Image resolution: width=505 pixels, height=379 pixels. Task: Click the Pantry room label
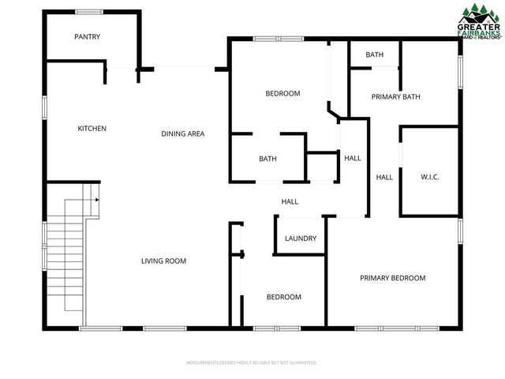pyautogui.click(x=87, y=36)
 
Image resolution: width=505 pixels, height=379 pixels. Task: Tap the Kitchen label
pyautogui.click(x=92, y=129)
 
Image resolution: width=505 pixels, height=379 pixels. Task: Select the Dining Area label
pyautogui.click(x=183, y=133)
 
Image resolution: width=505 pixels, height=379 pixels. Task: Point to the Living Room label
pyautogui.click(x=163, y=261)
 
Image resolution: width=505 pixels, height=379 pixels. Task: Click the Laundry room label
pyautogui.click(x=301, y=238)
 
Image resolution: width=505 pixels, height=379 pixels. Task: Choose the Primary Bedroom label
pyautogui.click(x=392, y=278)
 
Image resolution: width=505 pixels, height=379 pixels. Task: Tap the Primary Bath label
pyautogui.click(x=395, y=97)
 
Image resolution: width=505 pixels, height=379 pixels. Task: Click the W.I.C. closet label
pyautogui.click(x=429, y=177)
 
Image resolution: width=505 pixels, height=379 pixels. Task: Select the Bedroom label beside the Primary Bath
pyautogui.click(x=282, y=94)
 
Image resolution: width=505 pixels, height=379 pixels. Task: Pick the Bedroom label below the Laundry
pyautogui.click(x=283, y=297)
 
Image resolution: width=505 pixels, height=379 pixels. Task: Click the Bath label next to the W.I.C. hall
pyautogui.click(x=267, y=159)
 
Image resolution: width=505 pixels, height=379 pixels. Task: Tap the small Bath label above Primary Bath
pyautogui.click(x=374, y=55)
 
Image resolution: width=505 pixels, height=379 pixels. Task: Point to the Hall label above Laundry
pyautogui.click(x=290, y=202)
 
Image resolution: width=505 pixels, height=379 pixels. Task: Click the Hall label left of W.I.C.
pyautogui.click(x=384, y=178)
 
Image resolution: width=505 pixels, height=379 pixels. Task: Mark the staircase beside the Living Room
pyautogui.click(x=65, y=253)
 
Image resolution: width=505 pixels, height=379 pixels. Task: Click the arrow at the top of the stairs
pyautogui.click(x=96, y=200)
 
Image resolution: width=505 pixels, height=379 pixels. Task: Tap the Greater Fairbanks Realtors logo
pyautogui.click(x=480, y=21)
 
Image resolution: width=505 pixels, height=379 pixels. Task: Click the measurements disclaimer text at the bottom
pyautogui.click(x=252, y=362)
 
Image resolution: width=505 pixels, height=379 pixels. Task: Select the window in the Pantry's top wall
pyautogui.click(x=88, y=12)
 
